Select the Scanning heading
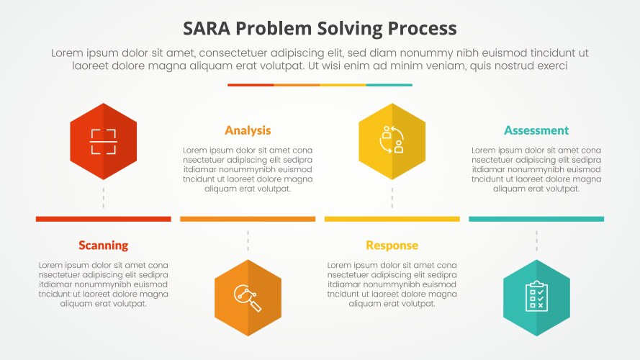pyautogui.click(x=103, y=246)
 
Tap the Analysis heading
pyautogui.click(x=248, y=130)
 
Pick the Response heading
pyautogui.click(x=392, y=246)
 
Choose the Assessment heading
pyautogui.click(x=536, y=130)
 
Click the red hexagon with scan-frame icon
pyautogui.click(x=103, y=141)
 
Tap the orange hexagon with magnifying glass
pyautogui.click(x=248, y=297)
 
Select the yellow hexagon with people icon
pyautogui.click(x=392, y=141)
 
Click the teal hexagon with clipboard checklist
pyautogui.click(x=536, y=297)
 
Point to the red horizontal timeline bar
pyautogui.click(x=103, y=219)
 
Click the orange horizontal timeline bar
pyautogui.click(x=248, y=219)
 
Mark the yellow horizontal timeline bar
pyautogui.click(x=392, y=219)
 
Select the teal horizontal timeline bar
pyautogui.click(x=536, y=219)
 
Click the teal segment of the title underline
pyautogui.click(x=389, y=85)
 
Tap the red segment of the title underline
pyautogui.click(x=251, y=85)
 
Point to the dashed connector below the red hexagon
pyautogui.click(x=103, y=198)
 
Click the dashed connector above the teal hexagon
pyautogui.click(x=536, y=241)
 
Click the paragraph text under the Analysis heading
pyautogui.click(x=248, y=169)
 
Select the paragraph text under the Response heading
pyautogui.click(x=392, y=284)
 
